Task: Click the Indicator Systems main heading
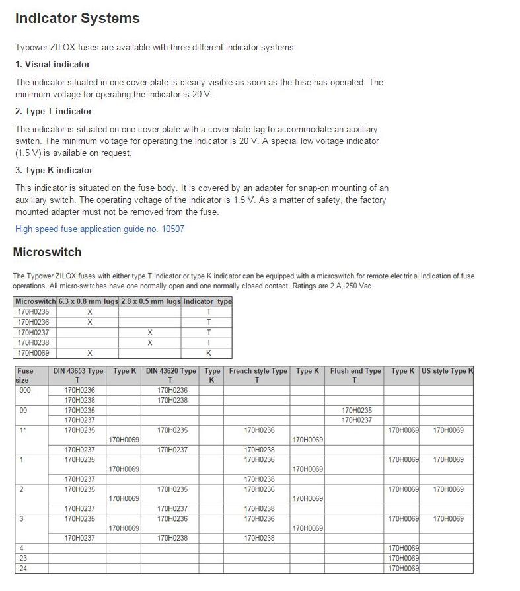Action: (x=77, y=19)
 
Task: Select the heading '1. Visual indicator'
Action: (x=52, y=64)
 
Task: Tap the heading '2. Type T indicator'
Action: (x=54, y=111)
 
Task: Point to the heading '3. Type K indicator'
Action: (x=54, y=170)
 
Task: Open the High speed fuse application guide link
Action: (x=100, y=229)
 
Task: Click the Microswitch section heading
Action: (x=47, y=252)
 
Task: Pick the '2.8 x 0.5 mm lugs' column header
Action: (x=150, y=301)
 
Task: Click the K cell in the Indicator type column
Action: (x=208, y=353)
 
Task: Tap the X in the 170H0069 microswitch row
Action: (x=90, y=353)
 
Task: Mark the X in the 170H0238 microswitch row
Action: (x=150, y=342)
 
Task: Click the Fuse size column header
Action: (x=24, y=375)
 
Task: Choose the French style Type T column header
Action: (x=258, y=375)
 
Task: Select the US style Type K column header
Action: (x=447, y=371)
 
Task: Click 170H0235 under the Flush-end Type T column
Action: (x=357, y=410)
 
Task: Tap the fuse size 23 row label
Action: (x=23, y=558)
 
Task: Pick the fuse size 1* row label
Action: (x=23, y=430)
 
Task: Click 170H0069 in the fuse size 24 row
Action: (x=404, y=568)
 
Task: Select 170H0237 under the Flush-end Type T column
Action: (x=357, y=420)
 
